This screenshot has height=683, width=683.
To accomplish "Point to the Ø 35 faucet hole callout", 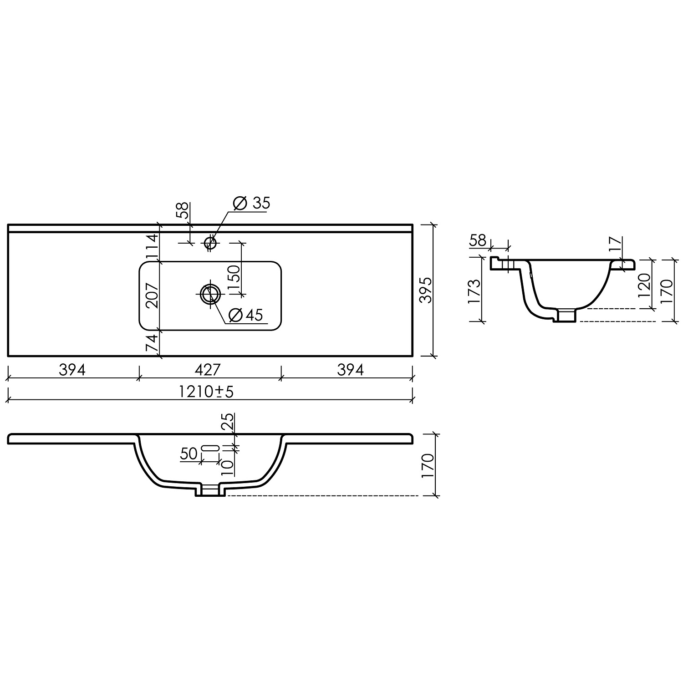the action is [x=251, y=203].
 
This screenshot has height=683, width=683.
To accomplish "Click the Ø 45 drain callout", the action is [x=246, y=315].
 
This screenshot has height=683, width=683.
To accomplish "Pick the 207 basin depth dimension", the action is [x=152, y=295].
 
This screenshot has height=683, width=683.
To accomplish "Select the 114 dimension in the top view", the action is [x=152, y=246].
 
